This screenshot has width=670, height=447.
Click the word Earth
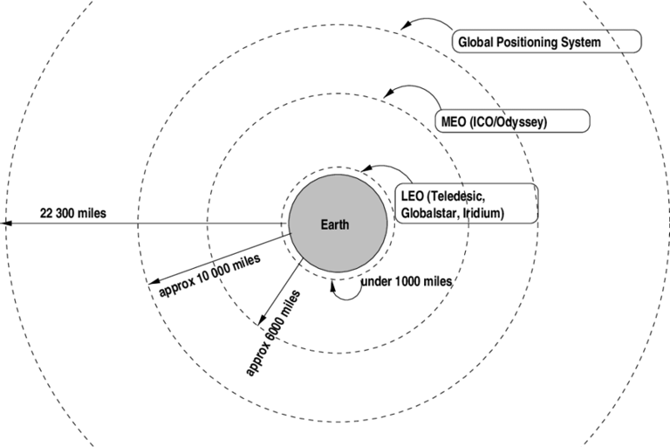334,224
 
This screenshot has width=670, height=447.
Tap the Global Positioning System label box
546,41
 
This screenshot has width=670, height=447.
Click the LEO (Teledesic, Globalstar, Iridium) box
466,203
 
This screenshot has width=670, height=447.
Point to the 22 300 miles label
73,212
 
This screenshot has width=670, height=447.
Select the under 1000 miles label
406,282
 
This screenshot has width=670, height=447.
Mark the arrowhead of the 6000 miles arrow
262,315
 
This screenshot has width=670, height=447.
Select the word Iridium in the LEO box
484,212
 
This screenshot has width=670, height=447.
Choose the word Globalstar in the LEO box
431,212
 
